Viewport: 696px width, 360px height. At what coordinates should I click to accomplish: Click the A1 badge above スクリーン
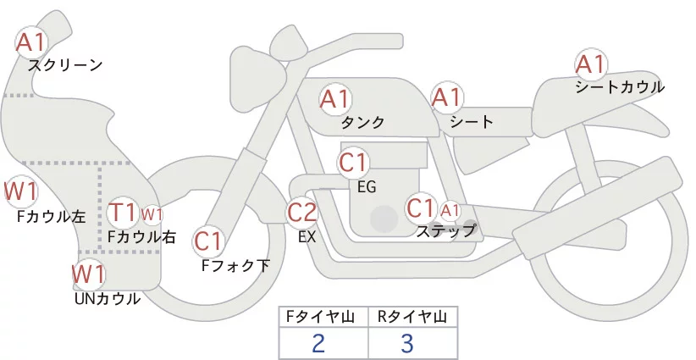pyautogui.click(x=33, y=42)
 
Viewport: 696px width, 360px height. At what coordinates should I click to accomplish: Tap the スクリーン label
pyautogui.click(x=64, y=64)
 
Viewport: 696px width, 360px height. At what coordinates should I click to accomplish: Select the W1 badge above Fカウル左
pyautogui.click(x=20, y=192)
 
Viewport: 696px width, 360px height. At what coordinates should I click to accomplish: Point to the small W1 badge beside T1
pyautogui.click(x=152, y=213)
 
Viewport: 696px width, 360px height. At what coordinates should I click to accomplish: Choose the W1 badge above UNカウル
pyautogui.click(x=88, y=274)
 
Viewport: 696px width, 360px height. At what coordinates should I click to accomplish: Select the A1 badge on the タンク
pyautogui.click(x=334, y=99)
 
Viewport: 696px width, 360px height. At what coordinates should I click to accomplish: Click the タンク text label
pyautogui.click(x=362, y=123)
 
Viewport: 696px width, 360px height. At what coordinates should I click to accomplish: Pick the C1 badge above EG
pyautogui.click(x=352, y=162)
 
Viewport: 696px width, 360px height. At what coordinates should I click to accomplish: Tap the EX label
pyautogui.click(x=307, y=237)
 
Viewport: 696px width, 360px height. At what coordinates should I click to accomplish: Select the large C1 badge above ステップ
pyautogui.click(x=421, y=208)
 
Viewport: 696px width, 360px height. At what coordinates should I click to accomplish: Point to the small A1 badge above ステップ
pyautogui.click(x=450, y=209)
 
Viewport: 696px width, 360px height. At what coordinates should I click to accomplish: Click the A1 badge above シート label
pyautogui.click(x=446, y=97)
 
